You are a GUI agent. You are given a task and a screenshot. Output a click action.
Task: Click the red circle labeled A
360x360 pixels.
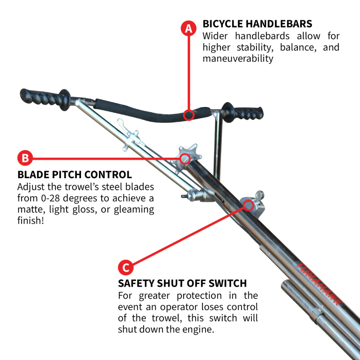click(189, 28)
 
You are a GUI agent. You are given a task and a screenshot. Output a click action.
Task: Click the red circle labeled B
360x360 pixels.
click(25, 158)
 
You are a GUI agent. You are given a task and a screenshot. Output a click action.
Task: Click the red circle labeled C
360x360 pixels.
click(126, 267)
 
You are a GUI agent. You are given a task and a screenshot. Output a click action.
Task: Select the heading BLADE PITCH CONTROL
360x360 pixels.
click(75, 175)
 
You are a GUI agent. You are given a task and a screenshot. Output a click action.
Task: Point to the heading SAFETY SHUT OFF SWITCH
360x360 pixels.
click(182, 283)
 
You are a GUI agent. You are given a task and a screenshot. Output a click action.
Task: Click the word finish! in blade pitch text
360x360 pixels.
click(31, 221)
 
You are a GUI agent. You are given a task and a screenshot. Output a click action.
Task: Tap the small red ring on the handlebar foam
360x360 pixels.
click(189, 116)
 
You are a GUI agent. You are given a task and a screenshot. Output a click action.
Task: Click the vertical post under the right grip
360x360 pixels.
click(218, 144)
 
